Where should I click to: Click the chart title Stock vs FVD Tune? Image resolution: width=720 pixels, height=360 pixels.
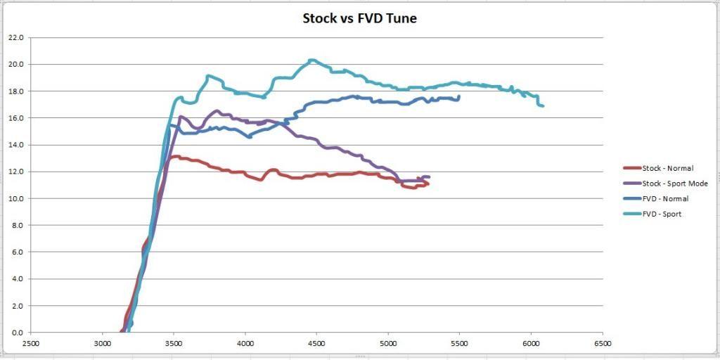coord(359,18)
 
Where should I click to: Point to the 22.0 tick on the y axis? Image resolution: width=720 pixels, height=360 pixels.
coord(15,37)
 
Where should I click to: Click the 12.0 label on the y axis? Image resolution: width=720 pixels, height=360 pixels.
coord(15,172)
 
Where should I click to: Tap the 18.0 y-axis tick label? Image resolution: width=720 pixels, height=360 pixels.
coord(15,91)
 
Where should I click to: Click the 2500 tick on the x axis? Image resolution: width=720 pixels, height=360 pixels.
coord(31,344)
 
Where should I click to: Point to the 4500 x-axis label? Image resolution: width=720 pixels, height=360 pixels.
coord(316,344)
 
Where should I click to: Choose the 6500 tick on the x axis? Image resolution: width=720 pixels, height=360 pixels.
coord(603,344)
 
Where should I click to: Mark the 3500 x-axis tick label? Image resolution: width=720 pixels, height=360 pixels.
coord(174,344)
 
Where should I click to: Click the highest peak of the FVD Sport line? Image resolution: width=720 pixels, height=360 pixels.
coord(312,60)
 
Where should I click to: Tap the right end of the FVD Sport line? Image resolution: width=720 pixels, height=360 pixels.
coord(543,106)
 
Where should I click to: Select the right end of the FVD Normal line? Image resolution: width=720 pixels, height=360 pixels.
coord(458,96)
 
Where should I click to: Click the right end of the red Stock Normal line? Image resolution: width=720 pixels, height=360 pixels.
coord(427,184)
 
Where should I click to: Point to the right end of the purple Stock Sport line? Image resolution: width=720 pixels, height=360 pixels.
coord(428,177)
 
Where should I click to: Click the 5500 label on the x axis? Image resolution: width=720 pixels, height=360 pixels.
coord(460,344)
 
